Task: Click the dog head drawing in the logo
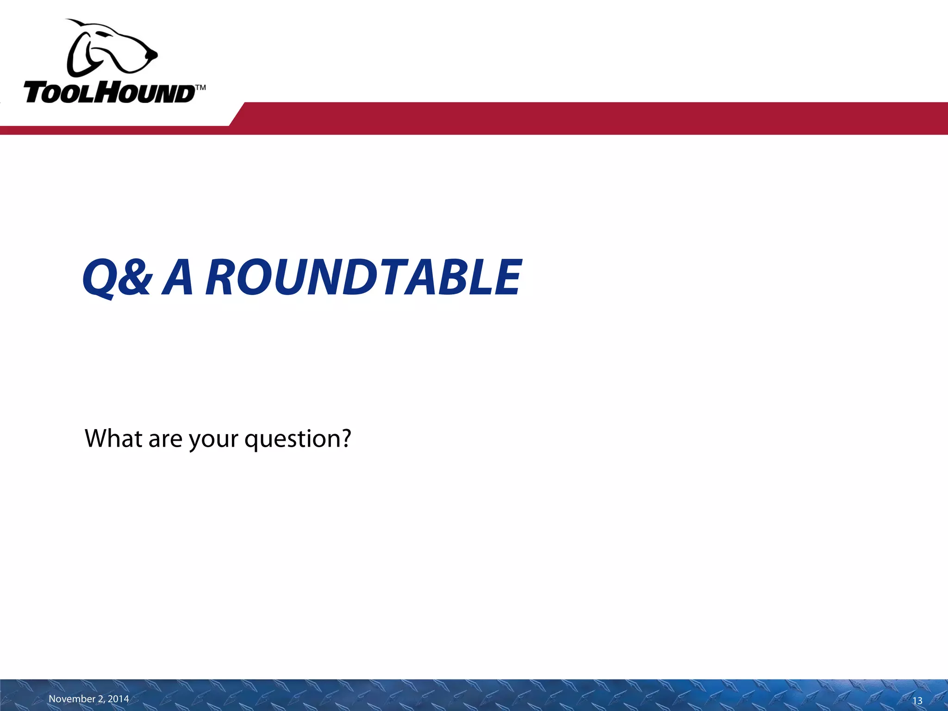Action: coord(111,49)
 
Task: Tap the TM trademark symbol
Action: coord(200,87)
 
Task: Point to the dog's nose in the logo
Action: coord(153,55)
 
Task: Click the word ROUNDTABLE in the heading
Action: coord(364,277)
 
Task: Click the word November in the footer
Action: coord(72,699)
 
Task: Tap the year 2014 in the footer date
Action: coord(118,699)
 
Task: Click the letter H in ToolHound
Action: coord(113,93)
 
